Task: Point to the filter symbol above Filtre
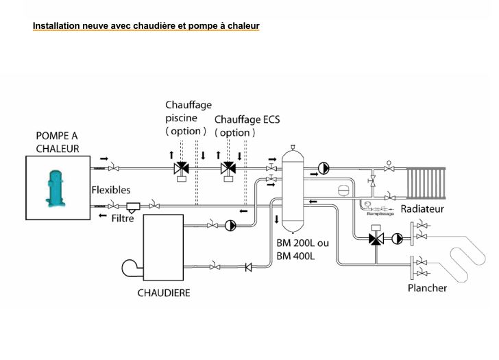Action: coord(134,206)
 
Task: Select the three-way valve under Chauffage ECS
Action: coord(228,169)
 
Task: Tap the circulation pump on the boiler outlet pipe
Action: coord(230,224)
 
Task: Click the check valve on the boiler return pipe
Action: coord(249,266)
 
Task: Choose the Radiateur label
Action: coord(422,208)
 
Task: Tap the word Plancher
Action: coord(427,288)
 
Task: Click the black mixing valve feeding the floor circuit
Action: coord(376,239)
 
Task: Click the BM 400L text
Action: coord(295,256)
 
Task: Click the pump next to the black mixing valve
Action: coord(397,239)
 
